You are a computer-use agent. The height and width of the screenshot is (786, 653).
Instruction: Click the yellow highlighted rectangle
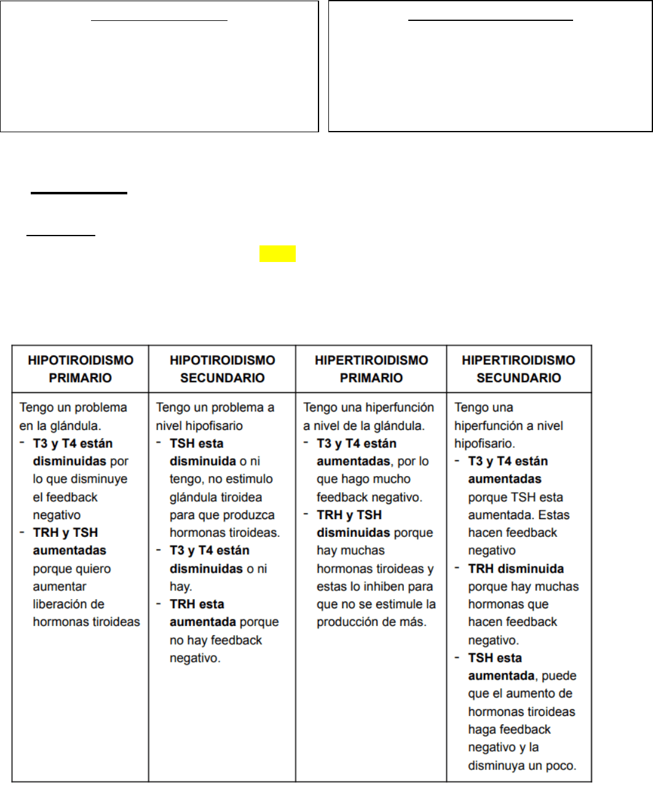[277, 254]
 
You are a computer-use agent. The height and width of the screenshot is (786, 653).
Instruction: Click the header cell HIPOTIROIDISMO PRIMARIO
[81, 369]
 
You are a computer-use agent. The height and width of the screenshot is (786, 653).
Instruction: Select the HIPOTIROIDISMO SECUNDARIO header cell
[222, 369]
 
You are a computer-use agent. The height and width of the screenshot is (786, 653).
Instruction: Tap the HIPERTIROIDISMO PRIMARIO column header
[371, 369]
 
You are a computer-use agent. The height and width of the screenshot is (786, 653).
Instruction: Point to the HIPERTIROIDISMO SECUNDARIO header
[518, 369]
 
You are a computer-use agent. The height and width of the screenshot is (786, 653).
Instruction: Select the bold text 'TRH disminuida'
[516, 569]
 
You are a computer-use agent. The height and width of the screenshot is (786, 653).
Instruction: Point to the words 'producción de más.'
[371, 622]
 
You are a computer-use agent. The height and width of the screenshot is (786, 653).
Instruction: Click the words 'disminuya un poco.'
[522, 766]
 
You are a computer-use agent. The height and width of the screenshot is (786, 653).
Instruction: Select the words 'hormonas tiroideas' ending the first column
[86, 622]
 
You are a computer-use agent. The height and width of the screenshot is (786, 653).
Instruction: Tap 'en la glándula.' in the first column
[60, 426]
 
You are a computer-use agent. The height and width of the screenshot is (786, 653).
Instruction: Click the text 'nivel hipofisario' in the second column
[199, 426]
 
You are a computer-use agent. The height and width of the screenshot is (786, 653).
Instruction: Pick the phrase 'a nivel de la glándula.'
[364, 426]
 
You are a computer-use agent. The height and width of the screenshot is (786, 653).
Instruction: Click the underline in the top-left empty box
[159, 20]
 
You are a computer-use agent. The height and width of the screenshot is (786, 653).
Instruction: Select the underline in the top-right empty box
[491, 20]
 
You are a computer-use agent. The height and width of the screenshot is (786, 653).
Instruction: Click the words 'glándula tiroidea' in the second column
[216, 497]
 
